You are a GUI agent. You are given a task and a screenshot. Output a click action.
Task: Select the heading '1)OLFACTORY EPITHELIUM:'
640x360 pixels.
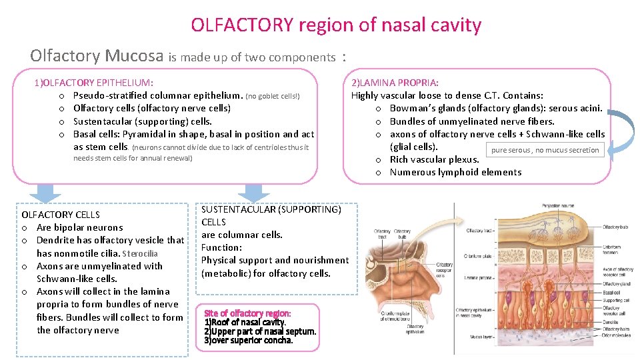coord(94,83)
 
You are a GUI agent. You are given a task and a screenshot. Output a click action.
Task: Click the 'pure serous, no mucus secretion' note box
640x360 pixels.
coord(545,150)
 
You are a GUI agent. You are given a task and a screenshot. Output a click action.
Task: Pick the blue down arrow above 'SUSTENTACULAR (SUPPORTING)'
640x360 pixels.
coord(253,193)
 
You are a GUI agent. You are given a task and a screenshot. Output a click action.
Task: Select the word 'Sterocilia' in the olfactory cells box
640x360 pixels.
coord(140,253)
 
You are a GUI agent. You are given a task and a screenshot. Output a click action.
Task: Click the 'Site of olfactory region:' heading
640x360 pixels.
coord(247,313)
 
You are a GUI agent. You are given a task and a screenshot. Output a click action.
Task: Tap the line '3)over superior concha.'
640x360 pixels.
coord(248,341)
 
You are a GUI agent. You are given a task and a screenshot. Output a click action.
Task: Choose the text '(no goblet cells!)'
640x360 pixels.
coord(273,96)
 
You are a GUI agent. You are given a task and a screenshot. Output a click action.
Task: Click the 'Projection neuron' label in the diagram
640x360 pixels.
coord(560,206)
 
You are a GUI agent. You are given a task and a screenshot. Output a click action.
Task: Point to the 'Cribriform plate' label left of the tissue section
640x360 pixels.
coord(479,256)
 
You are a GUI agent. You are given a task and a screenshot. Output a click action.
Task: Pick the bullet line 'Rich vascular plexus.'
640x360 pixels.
coord(435,159)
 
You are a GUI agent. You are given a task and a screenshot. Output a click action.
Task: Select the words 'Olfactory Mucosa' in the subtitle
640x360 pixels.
coord(97,55)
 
